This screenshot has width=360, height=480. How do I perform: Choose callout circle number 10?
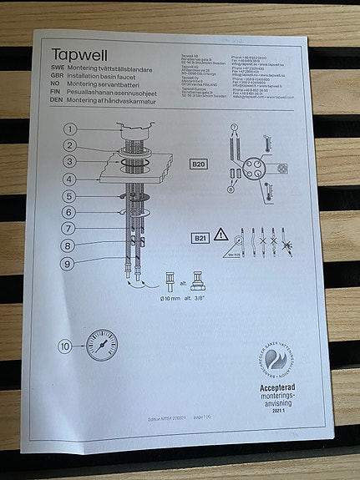click(65, 347)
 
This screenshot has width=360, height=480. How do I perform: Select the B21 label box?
click(199, 239)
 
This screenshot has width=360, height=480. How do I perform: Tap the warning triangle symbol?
click(224, 236)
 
